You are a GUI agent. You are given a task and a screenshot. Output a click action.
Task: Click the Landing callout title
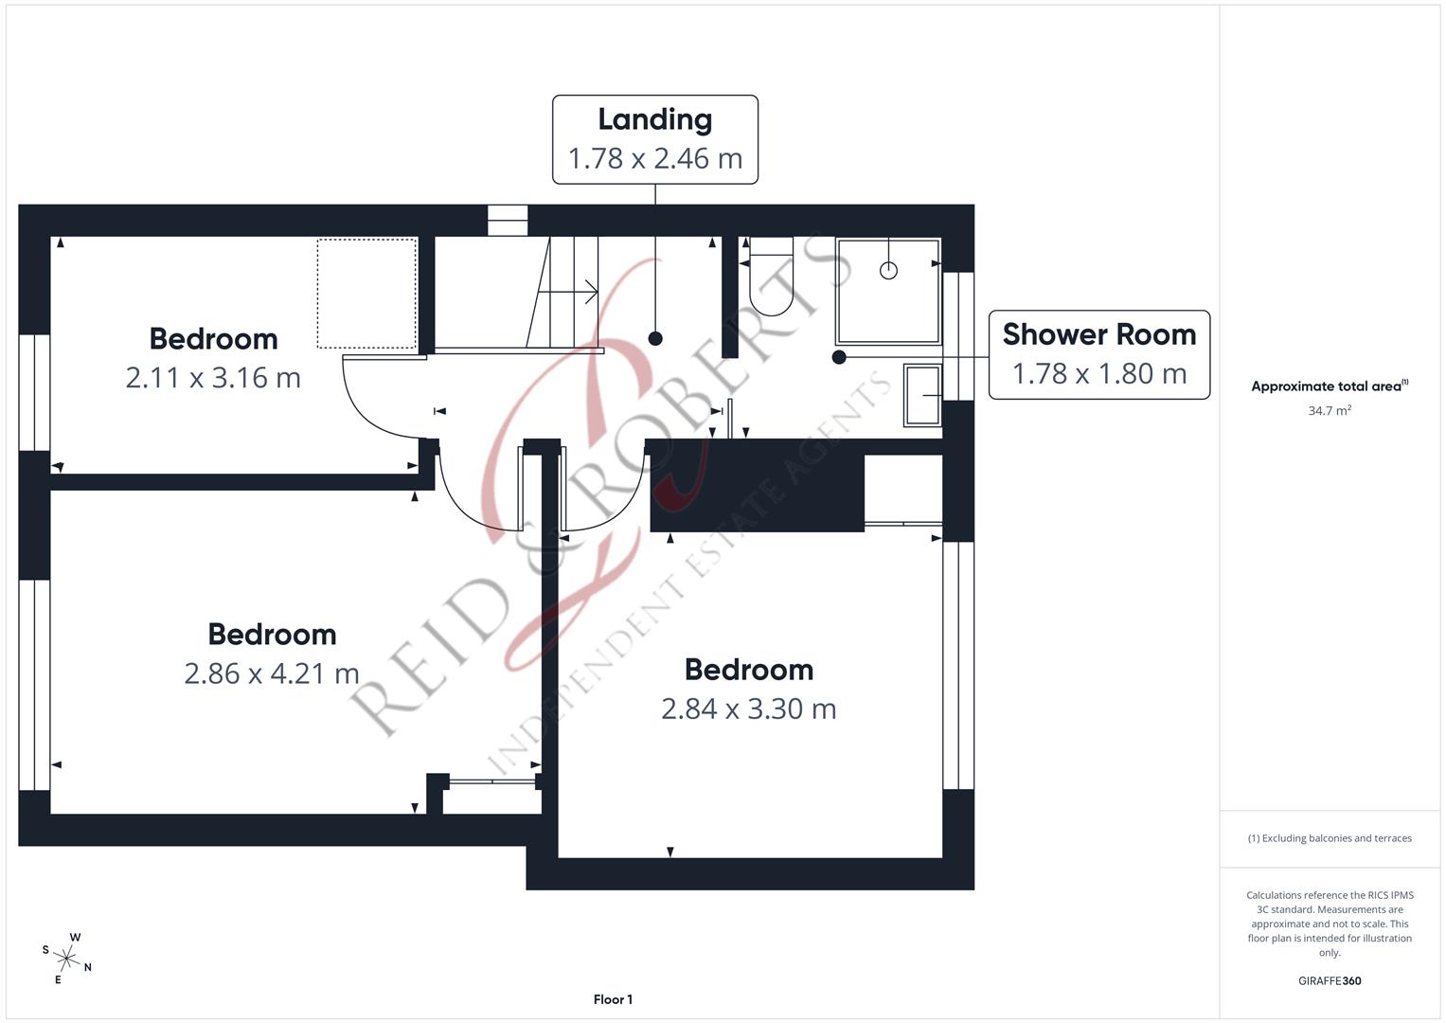(654, 119)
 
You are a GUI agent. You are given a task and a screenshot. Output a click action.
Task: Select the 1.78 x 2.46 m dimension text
(654, 158)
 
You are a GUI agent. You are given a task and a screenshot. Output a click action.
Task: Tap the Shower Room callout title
(1098, 334)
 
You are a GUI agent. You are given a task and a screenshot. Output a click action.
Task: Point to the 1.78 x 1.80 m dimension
(1098, 374)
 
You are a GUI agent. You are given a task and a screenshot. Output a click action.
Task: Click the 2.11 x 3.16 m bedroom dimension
(213, 378)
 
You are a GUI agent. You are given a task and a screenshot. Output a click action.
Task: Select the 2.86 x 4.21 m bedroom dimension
(272, 673)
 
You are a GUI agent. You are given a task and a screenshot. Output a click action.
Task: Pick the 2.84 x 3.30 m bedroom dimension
(748, 709)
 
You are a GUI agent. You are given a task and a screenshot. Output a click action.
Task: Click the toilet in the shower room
(770, 277)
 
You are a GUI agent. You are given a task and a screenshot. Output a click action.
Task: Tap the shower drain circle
(888, 271)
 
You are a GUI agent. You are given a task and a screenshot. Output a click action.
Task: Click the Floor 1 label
(613, 999)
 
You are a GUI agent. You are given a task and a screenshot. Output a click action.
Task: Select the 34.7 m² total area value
(1329, 411)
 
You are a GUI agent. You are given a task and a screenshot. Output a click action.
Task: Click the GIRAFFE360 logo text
(1329, 980)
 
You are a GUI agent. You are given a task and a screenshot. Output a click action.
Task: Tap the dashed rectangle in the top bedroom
(366, 294)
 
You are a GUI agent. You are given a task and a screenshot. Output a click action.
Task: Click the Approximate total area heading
(1329, 386)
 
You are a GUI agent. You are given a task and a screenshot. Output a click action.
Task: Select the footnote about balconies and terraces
(1329, 838)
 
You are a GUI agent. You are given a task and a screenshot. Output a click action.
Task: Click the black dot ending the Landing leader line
(655, 338)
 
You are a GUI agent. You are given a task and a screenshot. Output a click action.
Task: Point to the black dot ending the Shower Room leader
(839, 357)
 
